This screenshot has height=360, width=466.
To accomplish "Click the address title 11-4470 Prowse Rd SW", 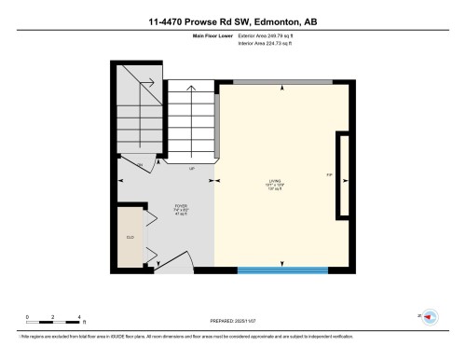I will click(232, 21).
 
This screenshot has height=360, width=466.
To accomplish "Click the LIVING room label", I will click(284, 180).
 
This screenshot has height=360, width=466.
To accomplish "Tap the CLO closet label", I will click(130, 239).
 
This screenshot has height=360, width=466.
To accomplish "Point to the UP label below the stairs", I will click(191, 170).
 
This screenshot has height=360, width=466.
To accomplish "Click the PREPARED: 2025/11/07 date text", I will click(233, 319).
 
